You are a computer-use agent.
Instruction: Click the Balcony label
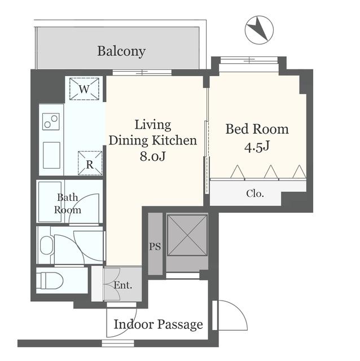pos(121,51)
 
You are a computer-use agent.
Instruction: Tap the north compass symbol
pos(259,30)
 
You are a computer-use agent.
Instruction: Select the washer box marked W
pos(84,89)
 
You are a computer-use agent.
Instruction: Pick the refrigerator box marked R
pos(90,163)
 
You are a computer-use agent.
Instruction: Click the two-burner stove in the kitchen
pos(51,121)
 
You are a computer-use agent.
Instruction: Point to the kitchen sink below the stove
pos(51,155)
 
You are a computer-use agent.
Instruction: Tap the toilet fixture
pos(50,281)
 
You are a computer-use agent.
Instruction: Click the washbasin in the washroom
pos(47,245)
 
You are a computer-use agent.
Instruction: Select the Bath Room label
pos(68,204)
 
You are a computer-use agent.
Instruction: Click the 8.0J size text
pos(153,156)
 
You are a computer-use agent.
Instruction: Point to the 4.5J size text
pos(257,147)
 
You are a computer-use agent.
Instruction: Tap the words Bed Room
pos(257,129)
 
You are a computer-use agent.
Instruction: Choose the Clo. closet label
pos(255,193)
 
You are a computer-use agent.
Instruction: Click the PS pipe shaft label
pos(155,246)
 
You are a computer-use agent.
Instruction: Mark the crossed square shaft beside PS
pos(187,235)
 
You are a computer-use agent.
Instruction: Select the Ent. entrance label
pos(123,285)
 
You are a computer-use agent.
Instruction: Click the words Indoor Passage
pos(158,324)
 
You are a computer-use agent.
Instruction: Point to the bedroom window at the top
pos(249,60)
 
